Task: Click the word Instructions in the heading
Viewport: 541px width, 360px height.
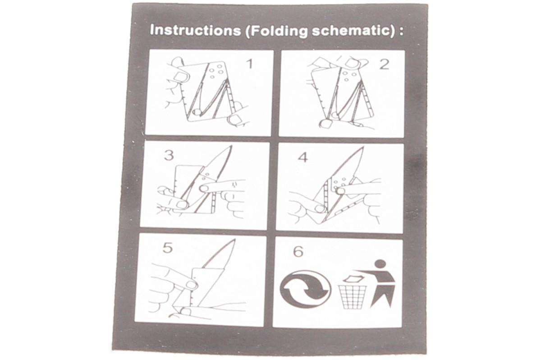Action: pyautogui.click(x=195, y=30)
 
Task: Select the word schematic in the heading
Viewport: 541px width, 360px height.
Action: pyautogui.click(x=350, y=32)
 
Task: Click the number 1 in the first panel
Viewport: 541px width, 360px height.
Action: pyautogui.click(x=249, y=64)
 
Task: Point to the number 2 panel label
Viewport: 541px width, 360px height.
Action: pyautogui.click(x=384, y=65)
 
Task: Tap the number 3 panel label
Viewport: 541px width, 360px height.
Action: pyautogui.click(x=169, y=155)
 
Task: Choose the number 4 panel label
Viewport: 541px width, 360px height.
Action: pyautogui.click(x=303, y=158)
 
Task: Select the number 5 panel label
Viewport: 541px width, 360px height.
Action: pyautogui.click(x=168, y=248)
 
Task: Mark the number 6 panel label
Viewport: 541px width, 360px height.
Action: pyautogui.click(x=298, y=252)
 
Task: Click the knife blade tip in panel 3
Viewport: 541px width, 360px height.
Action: pyautogui.click(x=231, y=146)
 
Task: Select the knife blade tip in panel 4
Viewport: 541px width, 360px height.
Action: pyautogui.click(x=363, y=147)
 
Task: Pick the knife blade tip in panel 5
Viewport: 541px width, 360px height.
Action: pyautogui.click(x=235, y=240)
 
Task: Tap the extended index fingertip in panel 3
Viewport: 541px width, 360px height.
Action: pyautogui.click(x=205, y=188)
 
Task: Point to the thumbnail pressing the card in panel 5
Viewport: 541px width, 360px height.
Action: pyautogui.click(x=191, y=285)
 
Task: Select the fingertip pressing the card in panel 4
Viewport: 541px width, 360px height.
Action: pyautogui.click(x=340, y=191)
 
